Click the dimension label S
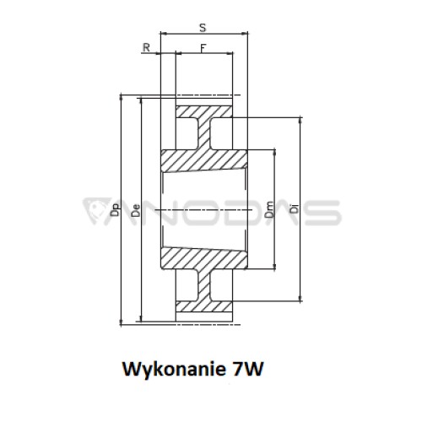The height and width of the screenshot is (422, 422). [203, 28]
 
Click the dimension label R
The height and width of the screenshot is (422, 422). [146, 47]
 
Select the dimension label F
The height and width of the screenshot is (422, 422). [203, 48]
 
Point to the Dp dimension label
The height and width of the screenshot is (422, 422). [116, 209]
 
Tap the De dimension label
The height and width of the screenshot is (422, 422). [136, 210]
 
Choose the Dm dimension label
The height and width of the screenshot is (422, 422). [269, 209]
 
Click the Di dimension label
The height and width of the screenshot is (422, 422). [294, 208]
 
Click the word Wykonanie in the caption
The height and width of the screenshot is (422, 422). [174, 369]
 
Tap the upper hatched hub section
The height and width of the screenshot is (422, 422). [204, 161]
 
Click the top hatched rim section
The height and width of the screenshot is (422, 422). [204, 112]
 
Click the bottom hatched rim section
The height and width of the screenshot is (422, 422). [204, 306]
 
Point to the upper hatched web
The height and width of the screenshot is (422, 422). [204, 134]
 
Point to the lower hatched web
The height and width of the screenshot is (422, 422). [204, 285]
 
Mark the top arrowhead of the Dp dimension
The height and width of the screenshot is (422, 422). [122, 98]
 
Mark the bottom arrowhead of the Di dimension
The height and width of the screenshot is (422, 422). [300, 298]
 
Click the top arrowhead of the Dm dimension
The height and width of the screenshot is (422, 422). [274, 153]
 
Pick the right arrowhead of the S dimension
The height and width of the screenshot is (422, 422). [245, 34]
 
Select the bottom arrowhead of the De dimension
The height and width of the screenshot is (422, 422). [141, 318]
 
